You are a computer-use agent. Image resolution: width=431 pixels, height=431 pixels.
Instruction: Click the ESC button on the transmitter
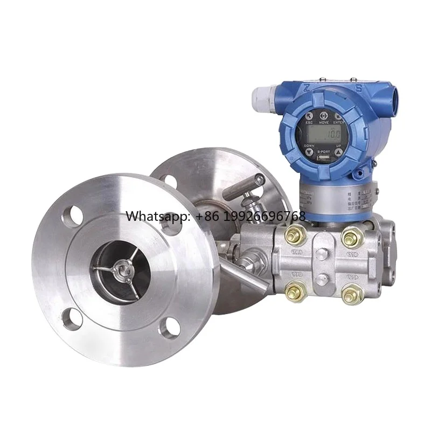coord(309,116)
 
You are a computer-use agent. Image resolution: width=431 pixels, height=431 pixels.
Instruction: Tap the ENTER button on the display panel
coord(338,116)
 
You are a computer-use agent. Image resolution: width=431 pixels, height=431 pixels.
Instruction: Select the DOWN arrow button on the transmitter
coord(309,152)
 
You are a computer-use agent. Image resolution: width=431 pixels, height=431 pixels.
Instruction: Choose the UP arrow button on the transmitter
coord(338,153)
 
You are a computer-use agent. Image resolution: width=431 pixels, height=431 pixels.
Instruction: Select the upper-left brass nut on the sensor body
coord(295,234)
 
